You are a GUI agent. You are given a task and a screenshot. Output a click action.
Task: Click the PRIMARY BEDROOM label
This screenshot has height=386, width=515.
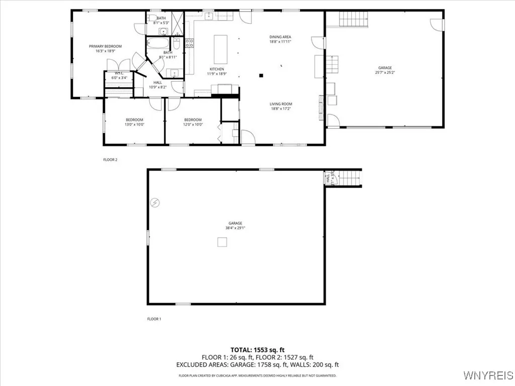(105, 46)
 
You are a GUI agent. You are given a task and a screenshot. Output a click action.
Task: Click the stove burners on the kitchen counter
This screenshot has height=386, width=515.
(190, 43)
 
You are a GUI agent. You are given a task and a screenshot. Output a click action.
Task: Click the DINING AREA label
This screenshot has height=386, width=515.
(280, 37)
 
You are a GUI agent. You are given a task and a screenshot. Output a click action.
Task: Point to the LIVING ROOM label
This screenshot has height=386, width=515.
(281, 104)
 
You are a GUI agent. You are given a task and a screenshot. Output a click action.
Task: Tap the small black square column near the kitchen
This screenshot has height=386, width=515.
(261, 76)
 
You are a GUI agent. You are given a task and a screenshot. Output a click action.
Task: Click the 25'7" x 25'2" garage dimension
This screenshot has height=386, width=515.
(385, 72)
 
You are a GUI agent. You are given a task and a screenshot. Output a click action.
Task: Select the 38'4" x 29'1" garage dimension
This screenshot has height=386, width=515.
(235, 228)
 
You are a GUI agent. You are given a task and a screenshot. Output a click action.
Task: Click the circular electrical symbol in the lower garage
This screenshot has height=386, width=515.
(155, 203)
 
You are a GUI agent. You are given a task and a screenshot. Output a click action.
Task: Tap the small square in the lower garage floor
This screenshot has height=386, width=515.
(222, 242)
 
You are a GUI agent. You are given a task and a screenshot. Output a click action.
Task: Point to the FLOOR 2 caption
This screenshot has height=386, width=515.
(110, 160)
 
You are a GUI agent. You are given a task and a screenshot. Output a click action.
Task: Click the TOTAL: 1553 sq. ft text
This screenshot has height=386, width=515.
(257, 349)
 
